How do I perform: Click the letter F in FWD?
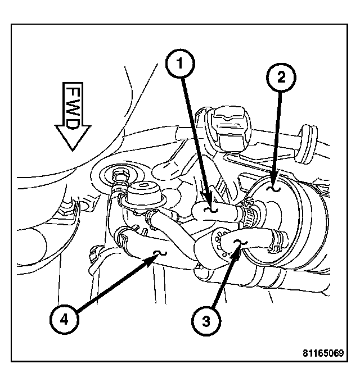pos(71,93)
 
